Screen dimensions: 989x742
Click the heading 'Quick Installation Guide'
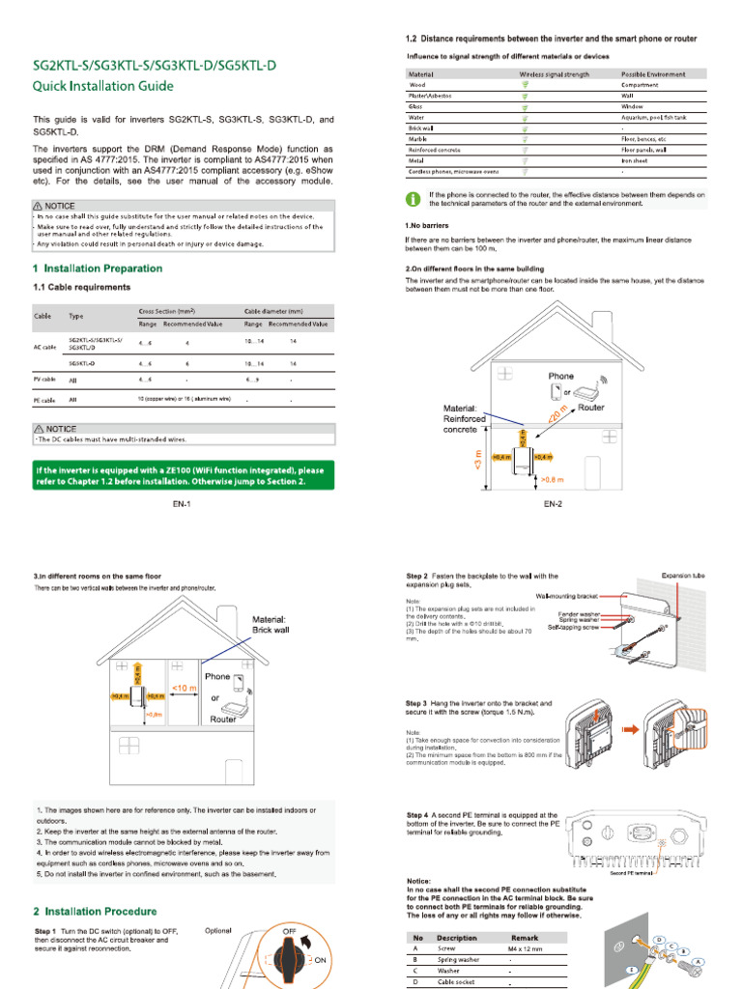point(103,86)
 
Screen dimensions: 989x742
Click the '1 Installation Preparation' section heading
point(98,268)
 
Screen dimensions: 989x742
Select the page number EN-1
point(184,504)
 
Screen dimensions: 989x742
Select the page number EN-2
point(553,504)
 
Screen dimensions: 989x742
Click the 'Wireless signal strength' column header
point(554,74)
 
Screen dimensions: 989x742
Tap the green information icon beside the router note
point(413,199)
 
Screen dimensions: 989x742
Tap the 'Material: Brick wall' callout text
point(276,624)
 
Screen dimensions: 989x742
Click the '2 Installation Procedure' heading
point(95,911)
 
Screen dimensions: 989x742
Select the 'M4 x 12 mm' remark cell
point(524,948)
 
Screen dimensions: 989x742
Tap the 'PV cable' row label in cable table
point(43,380)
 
